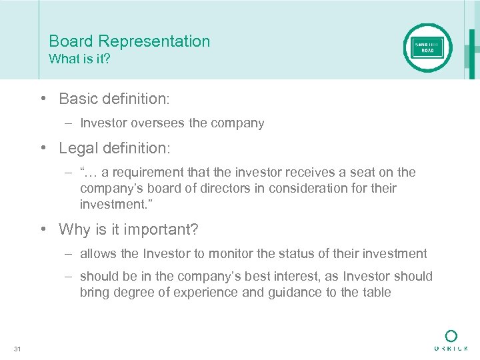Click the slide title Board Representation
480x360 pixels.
coord(129,41)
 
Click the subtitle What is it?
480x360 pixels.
coord(79,59)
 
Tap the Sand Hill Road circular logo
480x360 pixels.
coord(428,48)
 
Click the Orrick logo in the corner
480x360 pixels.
coord(451,340)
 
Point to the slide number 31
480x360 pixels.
coord(17,348)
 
